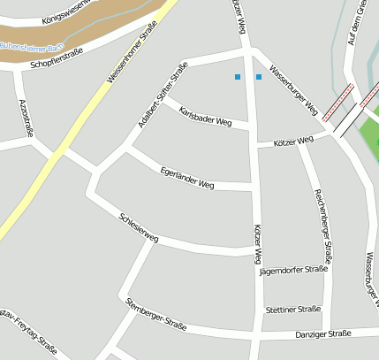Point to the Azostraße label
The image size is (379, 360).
pyautogui.click(x=27, y=117)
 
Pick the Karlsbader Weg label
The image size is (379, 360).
pyautogui.click(x=205, y=115)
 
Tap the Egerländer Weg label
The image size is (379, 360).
pyautogui.click(x=187, y=178)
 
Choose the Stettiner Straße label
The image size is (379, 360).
pyautogui.click(x=292, y=310)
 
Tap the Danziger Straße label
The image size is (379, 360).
pyautogui.click(x=322, y=334)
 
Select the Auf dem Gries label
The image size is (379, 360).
pyautogui.click(x=356, y=27)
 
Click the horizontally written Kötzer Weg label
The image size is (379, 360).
pyautogui.click(x=293, y=141)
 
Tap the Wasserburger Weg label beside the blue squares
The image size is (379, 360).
pyautogui.click(x=293, y=91)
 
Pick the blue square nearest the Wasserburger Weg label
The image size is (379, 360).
pyautogui.click(x=259, y=77)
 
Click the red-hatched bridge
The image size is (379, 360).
pyautogui.click(x=336, y=102)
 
